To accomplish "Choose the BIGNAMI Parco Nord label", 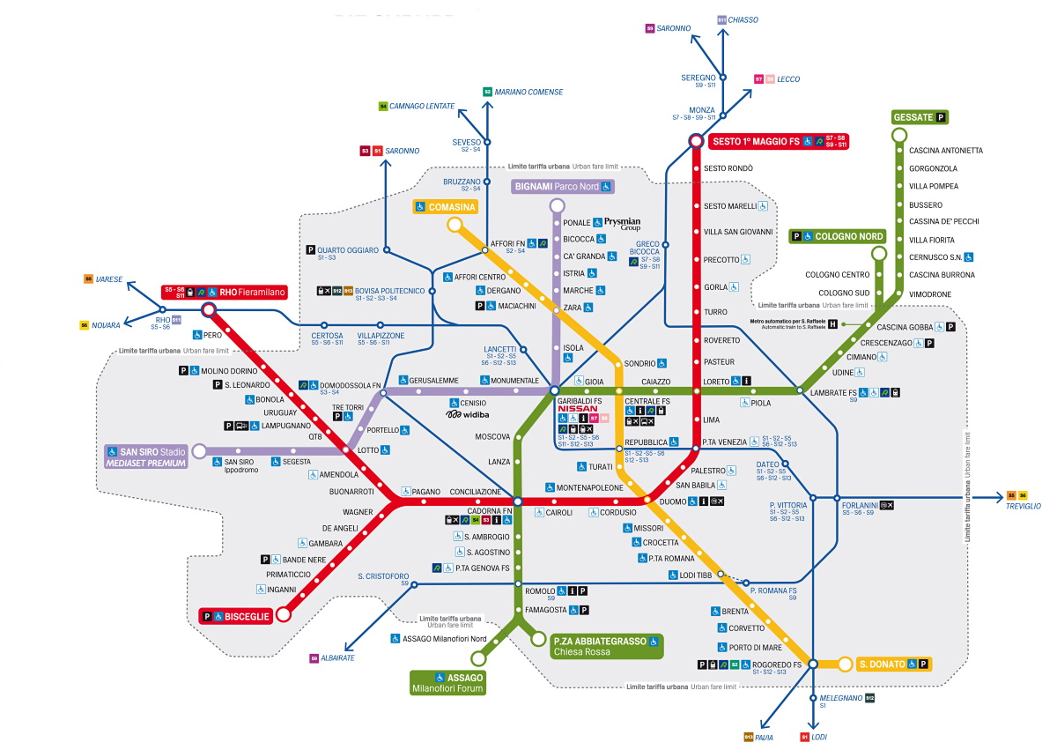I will pyautogui.click(x=562, y=187).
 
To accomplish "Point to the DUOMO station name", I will pyautogui.click(x=672, y=501).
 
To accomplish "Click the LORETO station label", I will pyautogui.click(x=717, y=382).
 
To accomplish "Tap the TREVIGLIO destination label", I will pyautogui.click(x=1024, y=507).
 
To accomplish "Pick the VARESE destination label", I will pyautogui.click(x=108, y=278).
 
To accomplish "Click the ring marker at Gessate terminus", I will pyautogui.click(x=898, y=135).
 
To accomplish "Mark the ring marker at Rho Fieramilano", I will pyautogui.click(x=209, y=309).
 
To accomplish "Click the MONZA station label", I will pyautogui.click(x=702, y=110).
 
